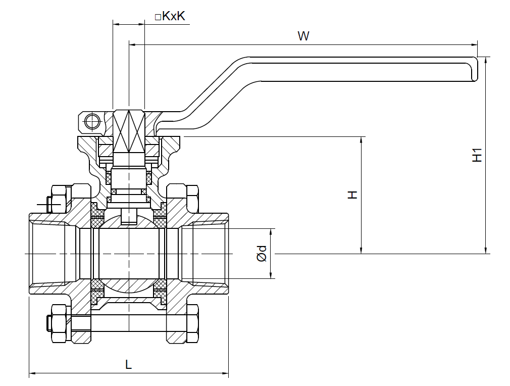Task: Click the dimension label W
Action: [303, 36]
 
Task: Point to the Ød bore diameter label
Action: [262, 254]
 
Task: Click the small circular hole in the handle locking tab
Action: [92, 121]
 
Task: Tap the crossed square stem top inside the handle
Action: [129, 131]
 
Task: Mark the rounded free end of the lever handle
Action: [473, 69]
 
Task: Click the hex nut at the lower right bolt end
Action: [192, 324]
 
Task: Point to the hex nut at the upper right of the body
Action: [192, 199]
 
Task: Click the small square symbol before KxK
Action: [158, 17]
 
